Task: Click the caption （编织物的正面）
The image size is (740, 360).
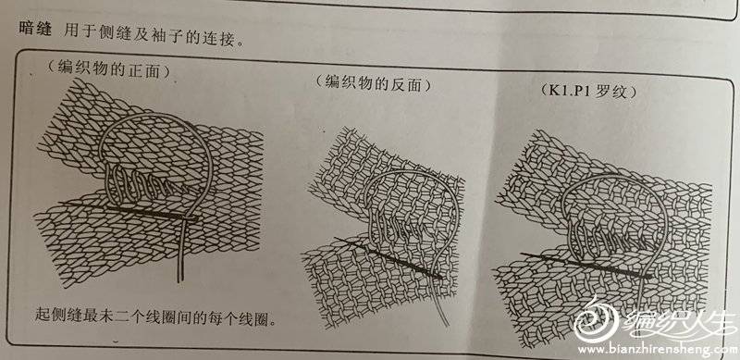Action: [x=108, y=70]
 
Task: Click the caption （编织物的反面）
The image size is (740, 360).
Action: [x=374, y=83]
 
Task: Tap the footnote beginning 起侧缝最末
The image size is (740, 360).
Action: [x=155, y=316]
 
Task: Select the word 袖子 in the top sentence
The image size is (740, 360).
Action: [x=166, y=35]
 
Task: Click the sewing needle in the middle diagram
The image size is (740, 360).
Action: [x=388, y=258]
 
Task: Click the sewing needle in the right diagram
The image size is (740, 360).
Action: [x=586, y=265]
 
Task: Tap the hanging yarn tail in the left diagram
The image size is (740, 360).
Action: [x=179, y=253]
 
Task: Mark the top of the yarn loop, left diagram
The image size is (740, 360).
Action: [x=150, y=114]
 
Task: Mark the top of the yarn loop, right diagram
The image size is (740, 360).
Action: [x=611, y=176]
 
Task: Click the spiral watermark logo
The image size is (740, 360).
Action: [x=596, y=319]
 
